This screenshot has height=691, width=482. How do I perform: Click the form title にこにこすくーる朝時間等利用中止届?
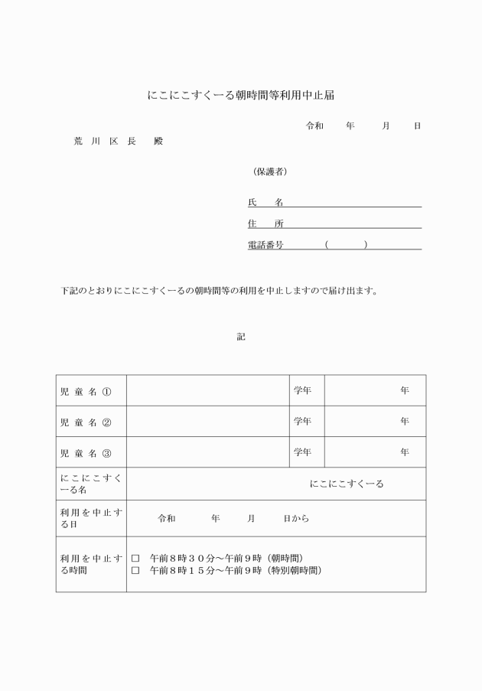tap(241, 96)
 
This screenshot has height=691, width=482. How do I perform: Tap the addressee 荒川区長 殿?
tap(118, 142)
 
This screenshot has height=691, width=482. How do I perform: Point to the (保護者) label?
tap(270, 171)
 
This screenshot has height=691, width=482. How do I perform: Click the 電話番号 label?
tap(265, 245)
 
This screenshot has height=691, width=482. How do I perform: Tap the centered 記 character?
tap(241, 336)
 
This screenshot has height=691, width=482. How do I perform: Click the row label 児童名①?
tap(86, 391)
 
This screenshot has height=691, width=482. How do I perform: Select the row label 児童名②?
tap(86, 422)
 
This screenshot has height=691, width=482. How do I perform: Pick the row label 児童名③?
tap(86, 452)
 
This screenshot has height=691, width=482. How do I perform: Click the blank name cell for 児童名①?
tap(207, 391)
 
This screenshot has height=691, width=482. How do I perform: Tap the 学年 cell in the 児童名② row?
tap(303, 422)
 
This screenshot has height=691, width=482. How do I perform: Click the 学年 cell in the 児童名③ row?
tap(303, 452)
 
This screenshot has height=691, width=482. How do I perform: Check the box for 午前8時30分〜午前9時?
tap(135, 559)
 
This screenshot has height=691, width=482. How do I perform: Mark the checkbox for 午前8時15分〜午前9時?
tap(135, 570)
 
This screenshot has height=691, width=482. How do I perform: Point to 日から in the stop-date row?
tap(296, 519)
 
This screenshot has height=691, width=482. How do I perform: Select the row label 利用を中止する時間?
tap(90, 564)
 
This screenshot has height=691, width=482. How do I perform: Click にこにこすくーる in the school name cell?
tap(347, 484)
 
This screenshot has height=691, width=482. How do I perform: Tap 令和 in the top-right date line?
tap(314, 125)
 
